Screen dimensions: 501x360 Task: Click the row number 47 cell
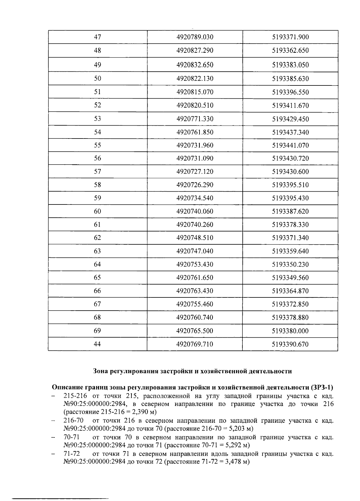click(97, 37)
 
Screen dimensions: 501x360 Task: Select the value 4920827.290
click(195, 50)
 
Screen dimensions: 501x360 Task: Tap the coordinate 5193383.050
click(290, 65)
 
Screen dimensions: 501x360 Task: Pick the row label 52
click(97, 105)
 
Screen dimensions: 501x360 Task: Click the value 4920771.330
click(195, 119)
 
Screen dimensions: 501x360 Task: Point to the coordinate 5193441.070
click(290, 145)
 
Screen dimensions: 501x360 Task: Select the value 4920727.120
click(195, 171)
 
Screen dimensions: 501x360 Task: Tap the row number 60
click(97, 211)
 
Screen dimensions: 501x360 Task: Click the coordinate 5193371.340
click(290, 238)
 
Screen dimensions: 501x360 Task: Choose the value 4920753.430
click(195, 264)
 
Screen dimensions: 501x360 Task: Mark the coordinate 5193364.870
click(290, 291)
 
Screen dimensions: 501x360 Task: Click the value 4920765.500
click(195, 331)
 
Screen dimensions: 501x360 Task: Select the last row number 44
click(97, 344)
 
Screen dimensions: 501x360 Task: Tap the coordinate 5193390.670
click(290, 344)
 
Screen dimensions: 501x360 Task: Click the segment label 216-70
click(73, 421)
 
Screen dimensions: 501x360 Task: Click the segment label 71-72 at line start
click(71, 454)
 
